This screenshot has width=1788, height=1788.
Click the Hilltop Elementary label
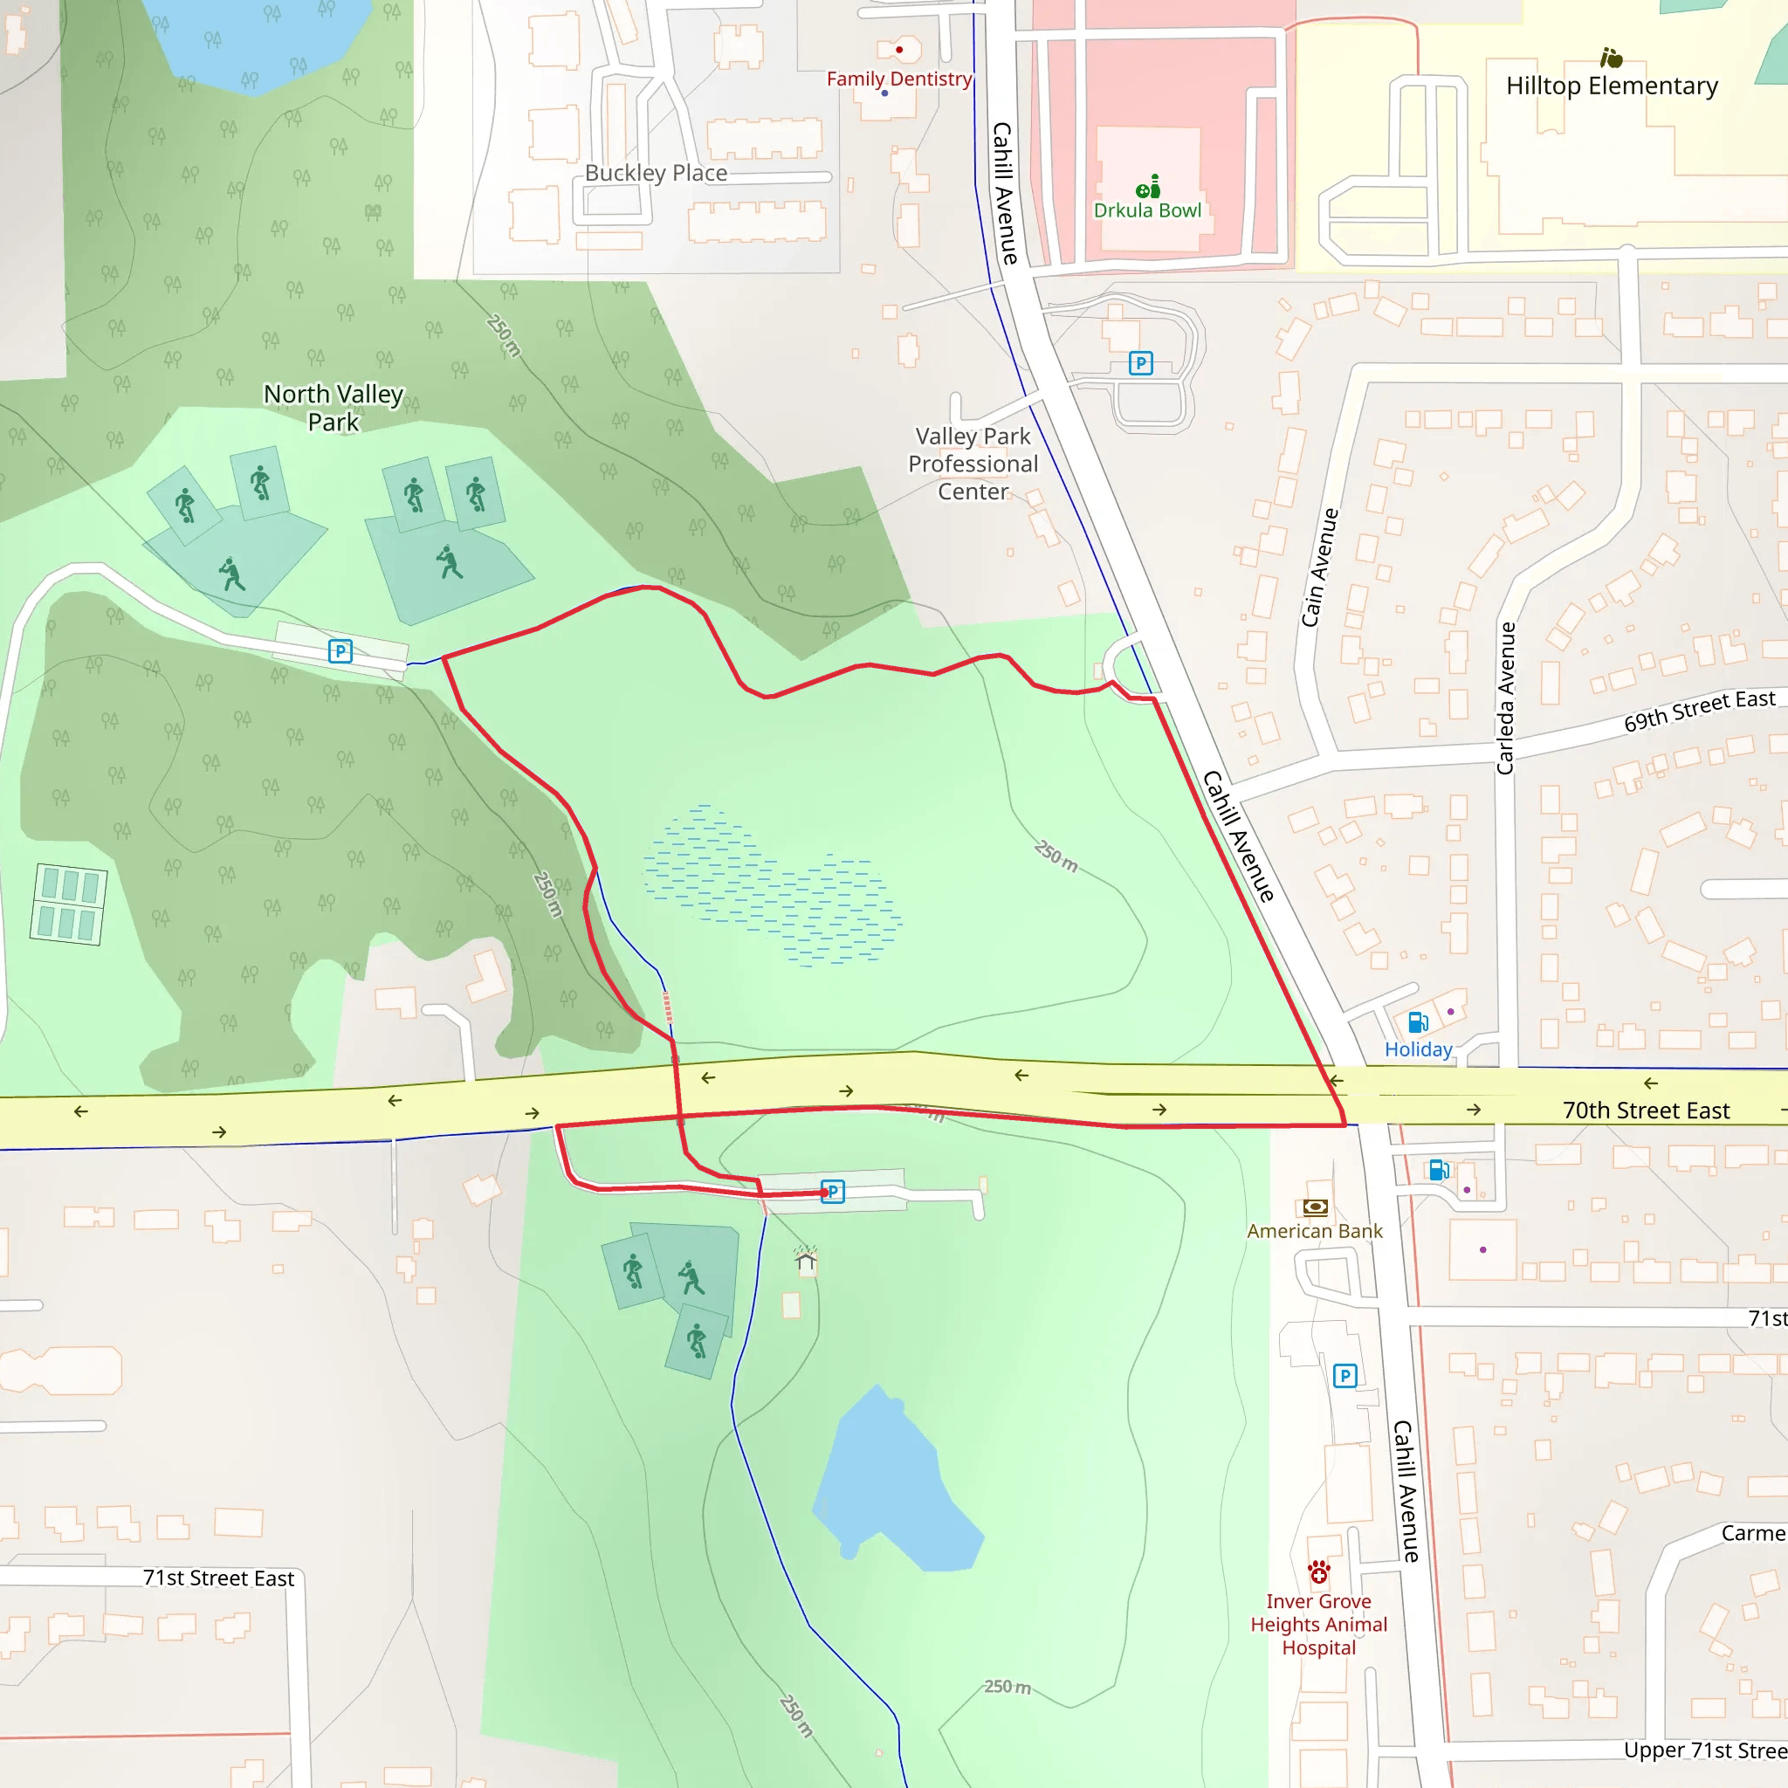coord(1612,86)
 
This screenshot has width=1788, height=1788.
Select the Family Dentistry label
coord(898,79)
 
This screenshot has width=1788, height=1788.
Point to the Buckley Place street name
coord(656,173)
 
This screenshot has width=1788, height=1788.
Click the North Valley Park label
coord(334,407)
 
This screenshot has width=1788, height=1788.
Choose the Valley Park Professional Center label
coord(973,464)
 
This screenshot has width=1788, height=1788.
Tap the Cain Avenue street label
coord(1319,567)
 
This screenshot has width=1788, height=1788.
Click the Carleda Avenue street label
coord(1506,698)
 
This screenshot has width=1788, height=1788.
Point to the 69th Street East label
coord(1699,710)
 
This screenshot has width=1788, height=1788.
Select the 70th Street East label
coord(1646,1111)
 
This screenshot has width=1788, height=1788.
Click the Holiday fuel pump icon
coord(1418,1021)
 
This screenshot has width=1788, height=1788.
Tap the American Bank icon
coord(1315,1207)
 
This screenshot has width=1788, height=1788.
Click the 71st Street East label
coord(218,1578)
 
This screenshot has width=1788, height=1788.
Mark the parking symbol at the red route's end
coord(833,1191)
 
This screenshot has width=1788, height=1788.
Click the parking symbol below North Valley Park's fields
coord(340,651)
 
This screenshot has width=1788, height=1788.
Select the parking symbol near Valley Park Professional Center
coord(1141,364)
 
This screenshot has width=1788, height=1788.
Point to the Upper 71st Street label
coord(1705,1750)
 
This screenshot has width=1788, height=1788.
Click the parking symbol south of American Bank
coord(1344,1376)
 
